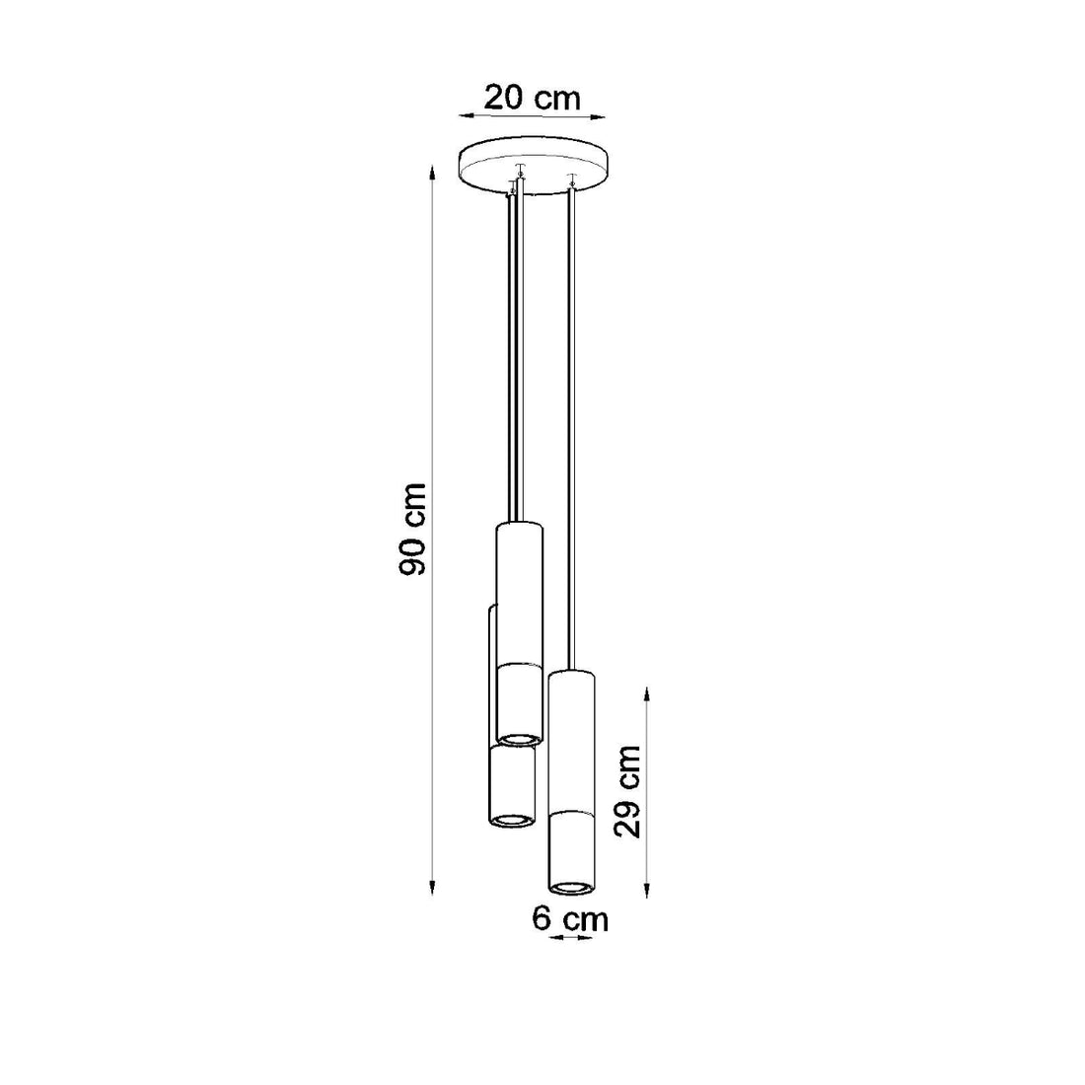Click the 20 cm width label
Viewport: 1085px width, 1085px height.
(x=532, y=99)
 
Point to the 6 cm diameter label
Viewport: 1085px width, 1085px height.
(x=570, y=919)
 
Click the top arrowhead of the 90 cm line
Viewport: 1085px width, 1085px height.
(x=432, y=174)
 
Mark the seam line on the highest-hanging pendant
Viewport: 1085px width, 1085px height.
(x=518, y=666)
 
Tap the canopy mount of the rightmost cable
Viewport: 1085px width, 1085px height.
(x=570, y=181)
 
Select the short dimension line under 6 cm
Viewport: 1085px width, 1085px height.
(x=570, y=939)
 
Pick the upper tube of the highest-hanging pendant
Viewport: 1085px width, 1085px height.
(x=518, y=592)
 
